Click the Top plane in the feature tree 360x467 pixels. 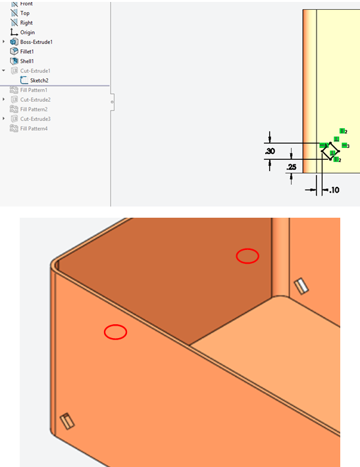(x=24, y=13)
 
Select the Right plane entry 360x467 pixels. (x=26, y=22)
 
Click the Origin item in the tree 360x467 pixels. (x=27, y=32)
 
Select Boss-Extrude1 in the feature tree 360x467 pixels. (x=36, y=42)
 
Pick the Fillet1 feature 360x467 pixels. (x=27, y=51)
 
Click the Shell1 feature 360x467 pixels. (x=27, y=61)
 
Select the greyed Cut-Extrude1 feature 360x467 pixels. (x=35, y=70)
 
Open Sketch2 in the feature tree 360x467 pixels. (x=39, y=80)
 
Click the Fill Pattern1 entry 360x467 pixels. (x=34, y=90)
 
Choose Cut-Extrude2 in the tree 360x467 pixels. (x=35, y=99)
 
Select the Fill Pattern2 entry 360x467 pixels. (x=34, y=109)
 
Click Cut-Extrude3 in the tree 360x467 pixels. (x=35, y=119)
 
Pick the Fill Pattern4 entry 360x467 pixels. (x=34, y=128)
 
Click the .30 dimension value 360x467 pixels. (x=270, y=151)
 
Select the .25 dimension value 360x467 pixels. (x=291, y=168)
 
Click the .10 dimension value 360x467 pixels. (x=334, y=190)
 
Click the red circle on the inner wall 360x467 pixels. (x=247, y=256)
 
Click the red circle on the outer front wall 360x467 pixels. (x=115, y=332)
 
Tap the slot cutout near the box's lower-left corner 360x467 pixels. (x=66, y=421)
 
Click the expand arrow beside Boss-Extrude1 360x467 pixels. (x=5, y=42)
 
